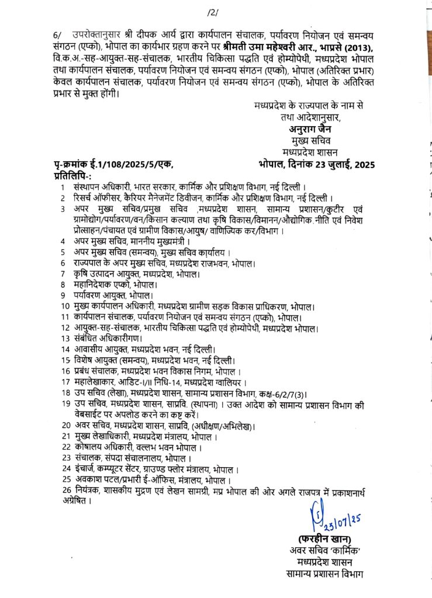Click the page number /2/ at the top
pos(212,12)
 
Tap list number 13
pos(65,338)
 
